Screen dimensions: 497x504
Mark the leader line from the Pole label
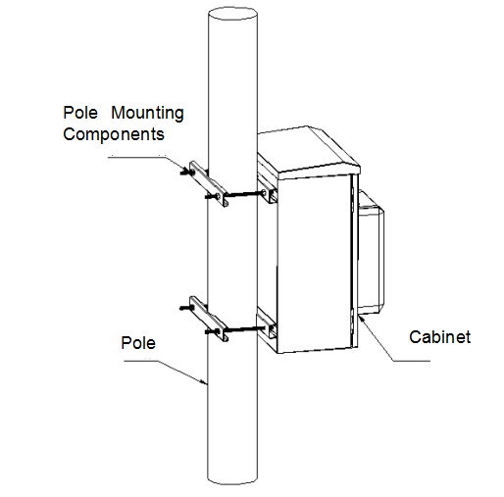tap(176, 368)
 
